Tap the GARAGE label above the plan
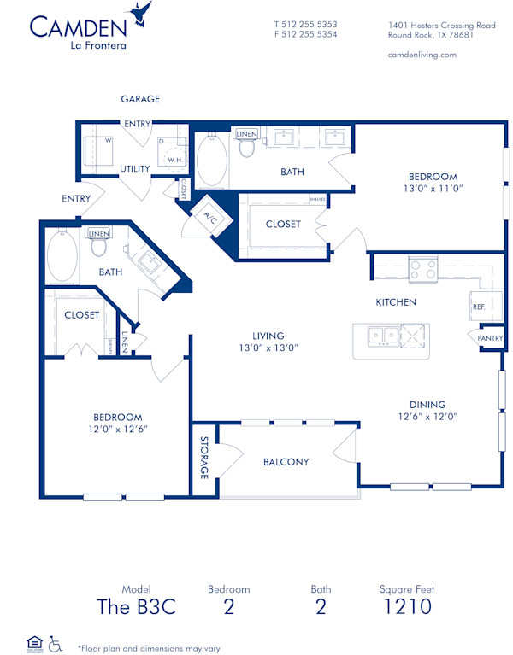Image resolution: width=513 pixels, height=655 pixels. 140,99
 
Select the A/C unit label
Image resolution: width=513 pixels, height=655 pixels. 209,217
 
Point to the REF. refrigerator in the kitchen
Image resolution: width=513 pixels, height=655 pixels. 479,307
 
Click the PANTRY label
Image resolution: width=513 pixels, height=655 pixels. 491,339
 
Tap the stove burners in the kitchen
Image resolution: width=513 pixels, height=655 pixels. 422,270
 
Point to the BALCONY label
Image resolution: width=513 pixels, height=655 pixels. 286,462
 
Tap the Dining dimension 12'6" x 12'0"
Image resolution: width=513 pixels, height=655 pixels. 427,417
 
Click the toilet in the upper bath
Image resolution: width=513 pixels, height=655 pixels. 247,147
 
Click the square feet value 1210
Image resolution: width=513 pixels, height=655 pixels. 407,607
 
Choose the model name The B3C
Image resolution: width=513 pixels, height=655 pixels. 136,607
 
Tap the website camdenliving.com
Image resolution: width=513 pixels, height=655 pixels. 422,55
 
